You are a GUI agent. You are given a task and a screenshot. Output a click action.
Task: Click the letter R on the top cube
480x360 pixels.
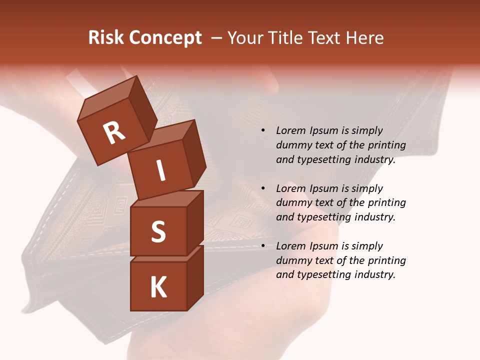pos(114,133)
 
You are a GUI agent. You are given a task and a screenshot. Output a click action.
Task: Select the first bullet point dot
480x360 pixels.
pos(263,131)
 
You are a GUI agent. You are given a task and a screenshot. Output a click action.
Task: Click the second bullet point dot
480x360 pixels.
pos(263,188)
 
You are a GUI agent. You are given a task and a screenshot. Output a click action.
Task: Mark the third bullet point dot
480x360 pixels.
pos(263,246)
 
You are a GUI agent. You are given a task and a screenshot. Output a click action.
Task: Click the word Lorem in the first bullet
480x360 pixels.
pos(290,130)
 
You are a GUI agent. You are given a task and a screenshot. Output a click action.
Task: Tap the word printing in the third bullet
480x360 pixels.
pos(386,260)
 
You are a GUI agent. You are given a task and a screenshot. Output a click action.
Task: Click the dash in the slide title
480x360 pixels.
pos(217,38)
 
